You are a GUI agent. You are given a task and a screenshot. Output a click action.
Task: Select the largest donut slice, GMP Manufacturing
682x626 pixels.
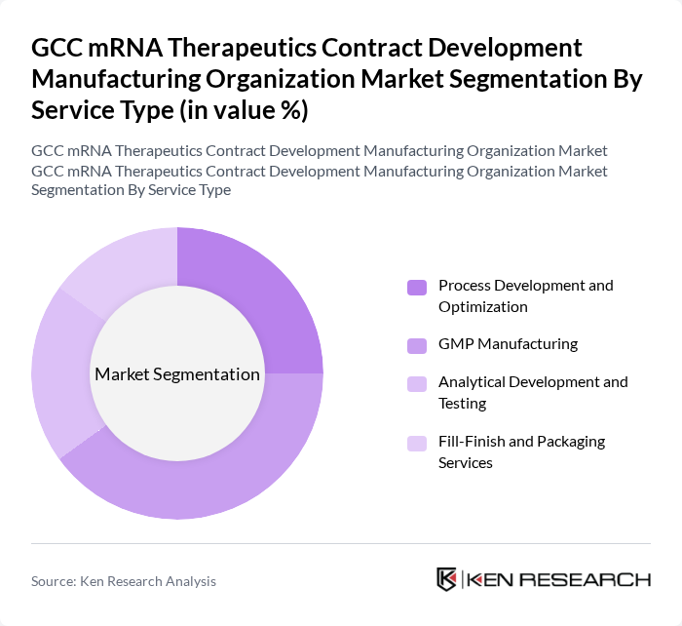tap(224, 468)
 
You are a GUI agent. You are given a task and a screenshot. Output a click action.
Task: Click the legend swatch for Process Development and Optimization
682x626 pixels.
tap(417, 287)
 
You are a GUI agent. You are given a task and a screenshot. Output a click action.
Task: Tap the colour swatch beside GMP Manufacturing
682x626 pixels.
tap(417, 345)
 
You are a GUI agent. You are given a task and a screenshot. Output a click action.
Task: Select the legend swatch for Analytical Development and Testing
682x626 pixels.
tap(417, 383)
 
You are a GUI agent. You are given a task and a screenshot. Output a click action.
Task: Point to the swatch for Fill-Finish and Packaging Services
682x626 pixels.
tap(417, 443)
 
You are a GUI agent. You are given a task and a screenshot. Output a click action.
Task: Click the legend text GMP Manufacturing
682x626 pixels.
tap(508, 344)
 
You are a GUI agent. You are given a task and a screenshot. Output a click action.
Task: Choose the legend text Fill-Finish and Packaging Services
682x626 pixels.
tap(521, 451)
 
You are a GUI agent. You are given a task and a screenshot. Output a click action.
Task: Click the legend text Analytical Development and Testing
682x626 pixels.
tap(533, 392)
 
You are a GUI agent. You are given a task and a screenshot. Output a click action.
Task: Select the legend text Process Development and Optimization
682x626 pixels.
tap(526, 295)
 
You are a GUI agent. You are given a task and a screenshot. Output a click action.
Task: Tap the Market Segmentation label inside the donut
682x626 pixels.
tap(177, 374)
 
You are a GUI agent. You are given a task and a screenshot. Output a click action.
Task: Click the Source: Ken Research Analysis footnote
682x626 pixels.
tap(124, 581)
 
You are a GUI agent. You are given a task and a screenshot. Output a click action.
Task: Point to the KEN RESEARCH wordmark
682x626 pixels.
tap(559, 579)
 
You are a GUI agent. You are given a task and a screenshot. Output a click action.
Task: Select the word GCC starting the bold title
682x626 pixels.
tap(59, 48)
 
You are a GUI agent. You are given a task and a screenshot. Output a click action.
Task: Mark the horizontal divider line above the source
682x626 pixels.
tap(341, 543)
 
